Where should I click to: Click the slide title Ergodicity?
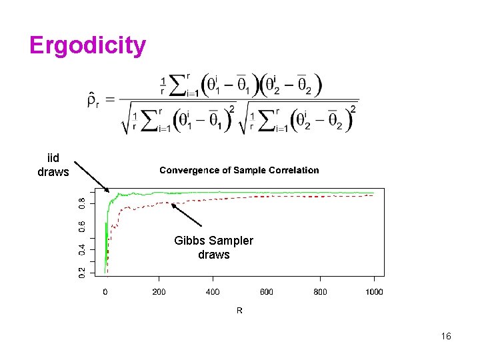point(87,46)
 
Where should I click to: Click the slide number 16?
point(446,336)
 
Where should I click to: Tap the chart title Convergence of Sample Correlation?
point(239,170)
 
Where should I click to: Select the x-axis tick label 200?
point(159,292)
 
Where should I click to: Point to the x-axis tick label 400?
point(213,292)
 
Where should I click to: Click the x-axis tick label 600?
point(267,292)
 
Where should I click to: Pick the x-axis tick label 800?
point(320,292)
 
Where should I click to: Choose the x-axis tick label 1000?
point(373,292)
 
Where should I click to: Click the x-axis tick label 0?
point(105,292)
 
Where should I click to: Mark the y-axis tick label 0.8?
point(82,203)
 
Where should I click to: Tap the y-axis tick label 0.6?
point(82,227)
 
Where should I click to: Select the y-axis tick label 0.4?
point(82,250)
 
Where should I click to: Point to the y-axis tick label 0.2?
point(82,273)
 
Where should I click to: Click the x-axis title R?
point(239,311)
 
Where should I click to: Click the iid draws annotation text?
point(53,165)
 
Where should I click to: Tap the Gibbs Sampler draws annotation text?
point(214,247)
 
